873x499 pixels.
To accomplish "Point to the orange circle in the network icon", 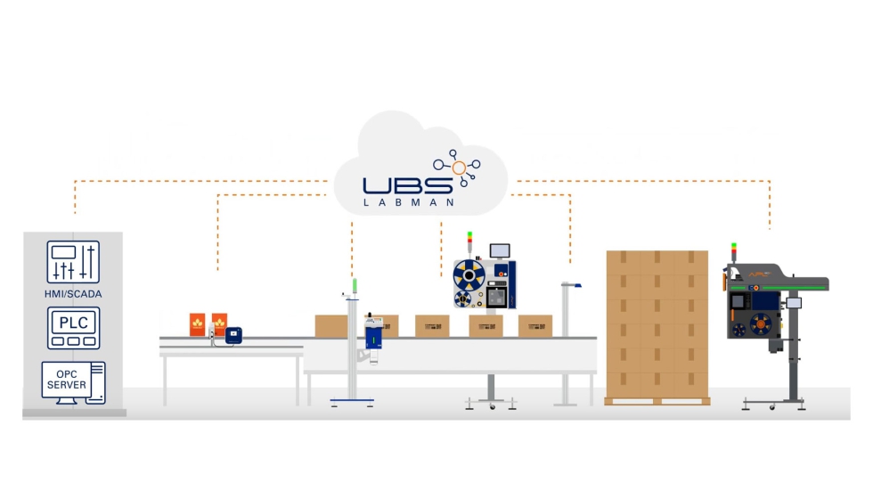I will point(459,167).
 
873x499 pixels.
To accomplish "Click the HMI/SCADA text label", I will point(73,293).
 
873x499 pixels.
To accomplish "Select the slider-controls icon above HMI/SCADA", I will point(73,262).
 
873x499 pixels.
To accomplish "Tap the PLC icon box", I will point(73,328).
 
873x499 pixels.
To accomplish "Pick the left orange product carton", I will point(197,324).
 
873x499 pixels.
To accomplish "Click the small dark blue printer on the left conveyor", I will point(233,335).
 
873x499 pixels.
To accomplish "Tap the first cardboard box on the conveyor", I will point(331,325).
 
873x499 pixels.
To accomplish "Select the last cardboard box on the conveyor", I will point(535,325).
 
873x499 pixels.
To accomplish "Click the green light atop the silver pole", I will point(355,285).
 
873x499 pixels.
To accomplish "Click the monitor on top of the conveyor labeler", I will point(502,250).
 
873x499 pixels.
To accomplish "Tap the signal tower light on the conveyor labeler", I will point(470,238).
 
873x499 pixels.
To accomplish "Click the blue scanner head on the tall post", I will point(575,285).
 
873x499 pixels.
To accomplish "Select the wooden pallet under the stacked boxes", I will point(657,401).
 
